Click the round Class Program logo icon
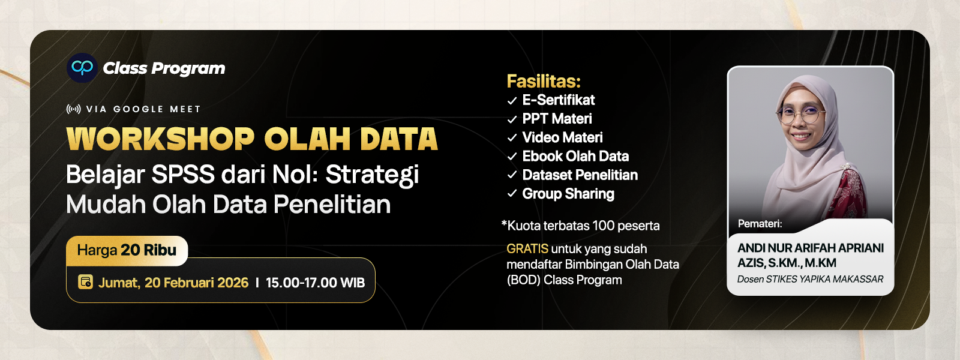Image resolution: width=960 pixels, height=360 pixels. point(82,68)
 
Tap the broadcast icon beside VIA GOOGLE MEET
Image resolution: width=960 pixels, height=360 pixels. point(73,109)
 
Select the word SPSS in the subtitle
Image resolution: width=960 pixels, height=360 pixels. point(182,175)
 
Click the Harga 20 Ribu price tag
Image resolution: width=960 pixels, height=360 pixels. point(127,250)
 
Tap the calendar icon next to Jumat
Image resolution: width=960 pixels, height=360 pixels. point(86,282)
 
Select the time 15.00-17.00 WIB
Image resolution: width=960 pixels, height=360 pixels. point(315,283)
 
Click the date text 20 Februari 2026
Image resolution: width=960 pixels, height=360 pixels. point(196,283)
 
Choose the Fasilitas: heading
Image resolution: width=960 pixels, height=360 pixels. point(544,81)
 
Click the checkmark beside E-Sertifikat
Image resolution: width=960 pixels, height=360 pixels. point(512,101)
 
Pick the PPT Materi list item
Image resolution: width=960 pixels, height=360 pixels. point(557,119)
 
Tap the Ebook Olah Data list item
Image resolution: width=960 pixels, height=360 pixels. point(575,157)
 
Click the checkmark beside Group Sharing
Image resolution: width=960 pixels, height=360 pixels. point(512,194)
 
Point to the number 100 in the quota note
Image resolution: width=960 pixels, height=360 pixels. point(603,226)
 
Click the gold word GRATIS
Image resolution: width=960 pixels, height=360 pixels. point(527,248)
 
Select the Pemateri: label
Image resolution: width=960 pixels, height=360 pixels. point(760,224)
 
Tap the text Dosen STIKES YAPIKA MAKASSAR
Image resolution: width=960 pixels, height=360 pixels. point(810,279)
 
